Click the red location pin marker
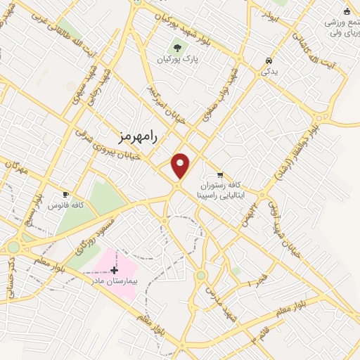(x=181, y=165)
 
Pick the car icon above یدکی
(x=269, y=60)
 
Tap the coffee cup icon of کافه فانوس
(x=66, y=194)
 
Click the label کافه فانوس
(x=67, y=205)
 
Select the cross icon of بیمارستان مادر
(x=115, y=269)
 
